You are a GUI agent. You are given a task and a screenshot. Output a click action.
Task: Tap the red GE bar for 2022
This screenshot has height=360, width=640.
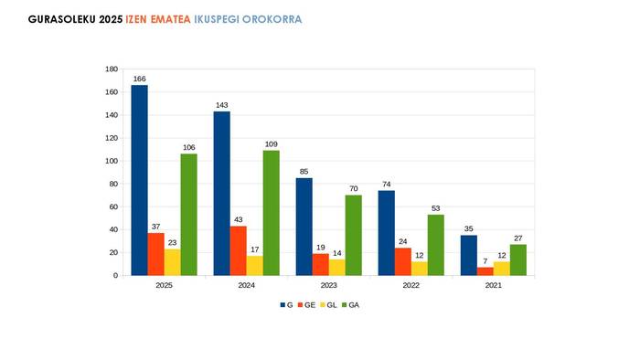[x=402, y=261]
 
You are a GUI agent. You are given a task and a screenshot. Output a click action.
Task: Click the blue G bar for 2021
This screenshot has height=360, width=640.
[x=468, y=255]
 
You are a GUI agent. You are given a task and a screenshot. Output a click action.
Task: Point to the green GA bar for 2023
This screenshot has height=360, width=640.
[x=353, y=235]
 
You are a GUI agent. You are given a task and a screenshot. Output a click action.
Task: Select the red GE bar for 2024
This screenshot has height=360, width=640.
[x=238, y=250]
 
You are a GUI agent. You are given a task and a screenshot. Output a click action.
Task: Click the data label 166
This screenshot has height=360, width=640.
[x=139, y=79]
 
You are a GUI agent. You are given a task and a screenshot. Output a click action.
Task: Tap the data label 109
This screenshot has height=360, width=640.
[x=271, y=144]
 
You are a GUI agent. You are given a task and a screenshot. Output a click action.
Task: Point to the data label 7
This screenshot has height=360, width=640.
[x=485, y=261]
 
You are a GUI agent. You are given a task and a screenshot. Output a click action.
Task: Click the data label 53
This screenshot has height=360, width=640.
[x=435, y=208]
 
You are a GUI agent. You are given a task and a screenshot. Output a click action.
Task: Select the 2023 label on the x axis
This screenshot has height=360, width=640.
[x=328, y=286]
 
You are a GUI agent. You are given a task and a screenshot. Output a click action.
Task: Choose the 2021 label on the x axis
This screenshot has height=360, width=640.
[x=493, y=286]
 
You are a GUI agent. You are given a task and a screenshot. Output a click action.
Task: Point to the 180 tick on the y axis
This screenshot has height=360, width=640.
[x=112, y=69]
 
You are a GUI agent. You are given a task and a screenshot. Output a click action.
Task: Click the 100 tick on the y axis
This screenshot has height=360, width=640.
[x=112, y=161]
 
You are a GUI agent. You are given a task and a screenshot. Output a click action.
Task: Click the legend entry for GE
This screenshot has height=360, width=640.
[x=308, y=304]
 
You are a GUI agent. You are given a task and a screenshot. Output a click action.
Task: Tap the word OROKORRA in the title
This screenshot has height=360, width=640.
[x=272, y=19]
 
